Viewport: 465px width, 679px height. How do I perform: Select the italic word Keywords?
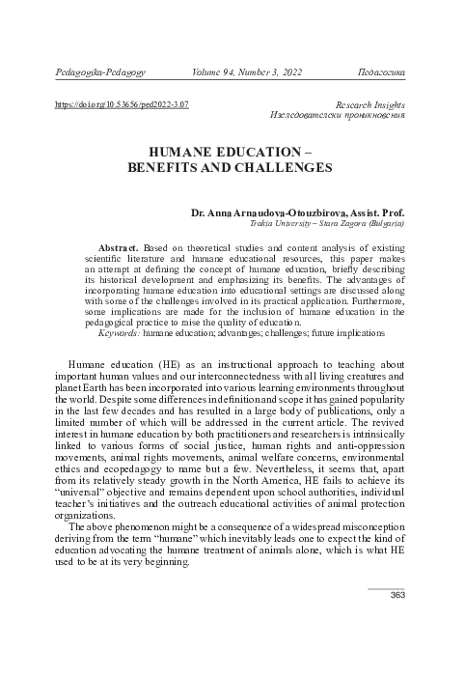(120, 332)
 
